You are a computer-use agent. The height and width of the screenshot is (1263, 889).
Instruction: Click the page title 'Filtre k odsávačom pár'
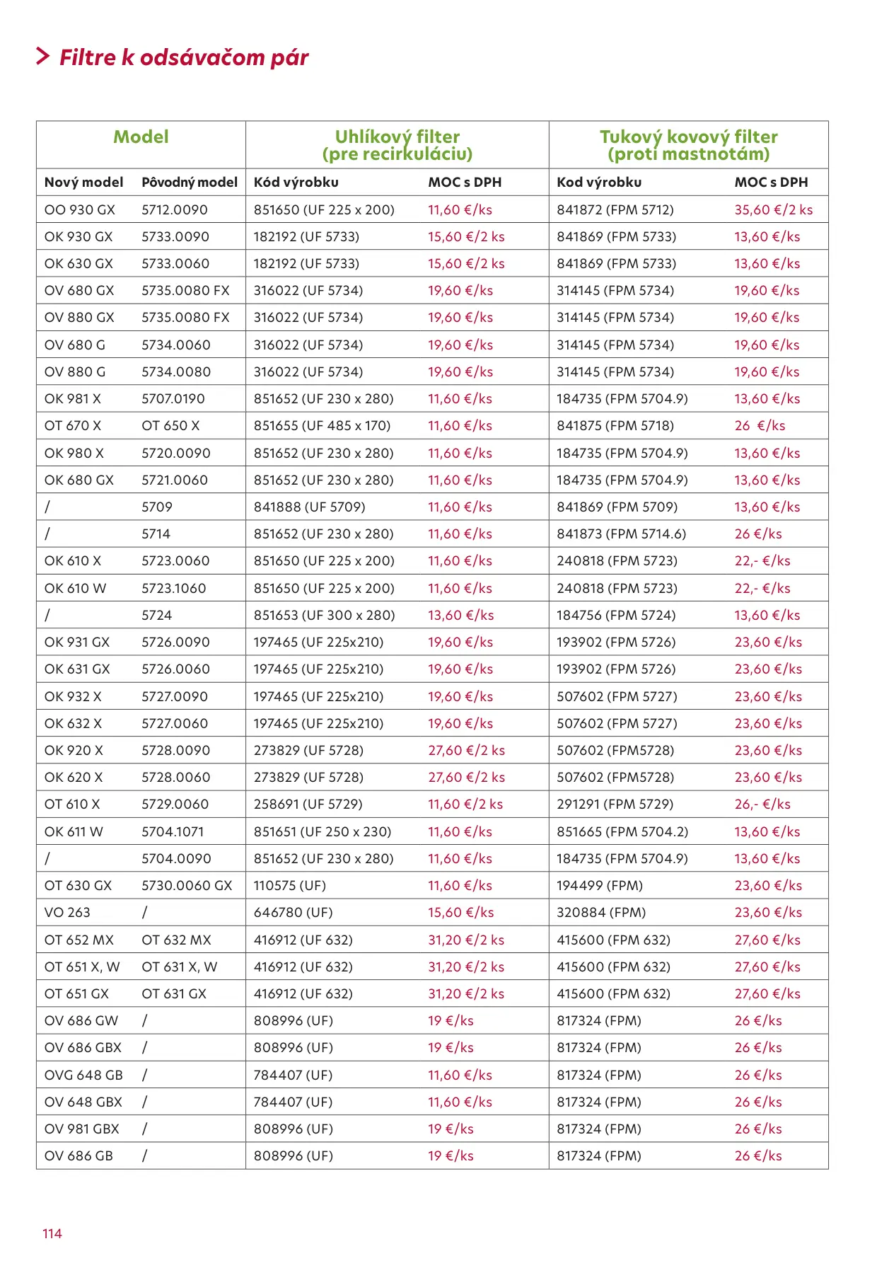pos(183,57)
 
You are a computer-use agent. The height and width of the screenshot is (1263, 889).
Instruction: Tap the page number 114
pos(52,1233)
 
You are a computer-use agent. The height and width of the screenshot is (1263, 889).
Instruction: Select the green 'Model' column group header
pos(141,137)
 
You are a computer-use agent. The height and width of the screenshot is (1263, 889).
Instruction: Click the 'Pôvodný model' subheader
pos(190,182)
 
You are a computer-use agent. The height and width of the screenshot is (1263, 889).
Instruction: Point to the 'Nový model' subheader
pos(83,182)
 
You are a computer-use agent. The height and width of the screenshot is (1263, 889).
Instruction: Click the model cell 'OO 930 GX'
pos(79,209)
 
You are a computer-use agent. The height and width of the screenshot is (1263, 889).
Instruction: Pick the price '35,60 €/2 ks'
pos(773,209)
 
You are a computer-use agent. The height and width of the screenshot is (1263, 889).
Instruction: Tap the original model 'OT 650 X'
pos(170,426)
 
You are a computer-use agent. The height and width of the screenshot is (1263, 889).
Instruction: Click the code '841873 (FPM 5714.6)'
pos(621,534)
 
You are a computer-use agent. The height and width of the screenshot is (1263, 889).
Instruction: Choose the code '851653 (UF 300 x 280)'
pos(324,616)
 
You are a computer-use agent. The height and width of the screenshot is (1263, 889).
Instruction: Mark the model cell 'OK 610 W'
pos(75,588)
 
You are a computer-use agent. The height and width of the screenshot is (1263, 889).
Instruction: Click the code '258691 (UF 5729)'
pos(308,804)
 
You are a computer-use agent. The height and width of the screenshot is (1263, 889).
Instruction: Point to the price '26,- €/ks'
pos(762,804)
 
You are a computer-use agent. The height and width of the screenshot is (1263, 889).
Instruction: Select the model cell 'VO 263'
pos(67,913)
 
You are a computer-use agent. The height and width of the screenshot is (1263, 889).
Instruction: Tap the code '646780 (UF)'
pos(293,913)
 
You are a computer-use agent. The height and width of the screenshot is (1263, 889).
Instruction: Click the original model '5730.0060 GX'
pos(187,886)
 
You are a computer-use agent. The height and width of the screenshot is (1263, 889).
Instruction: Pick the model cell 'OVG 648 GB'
pos(83,1075)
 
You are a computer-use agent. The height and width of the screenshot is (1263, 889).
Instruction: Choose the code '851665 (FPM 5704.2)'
pos(622,832)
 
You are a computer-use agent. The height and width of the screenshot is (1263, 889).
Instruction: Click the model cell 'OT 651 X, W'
pos(82,967)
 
